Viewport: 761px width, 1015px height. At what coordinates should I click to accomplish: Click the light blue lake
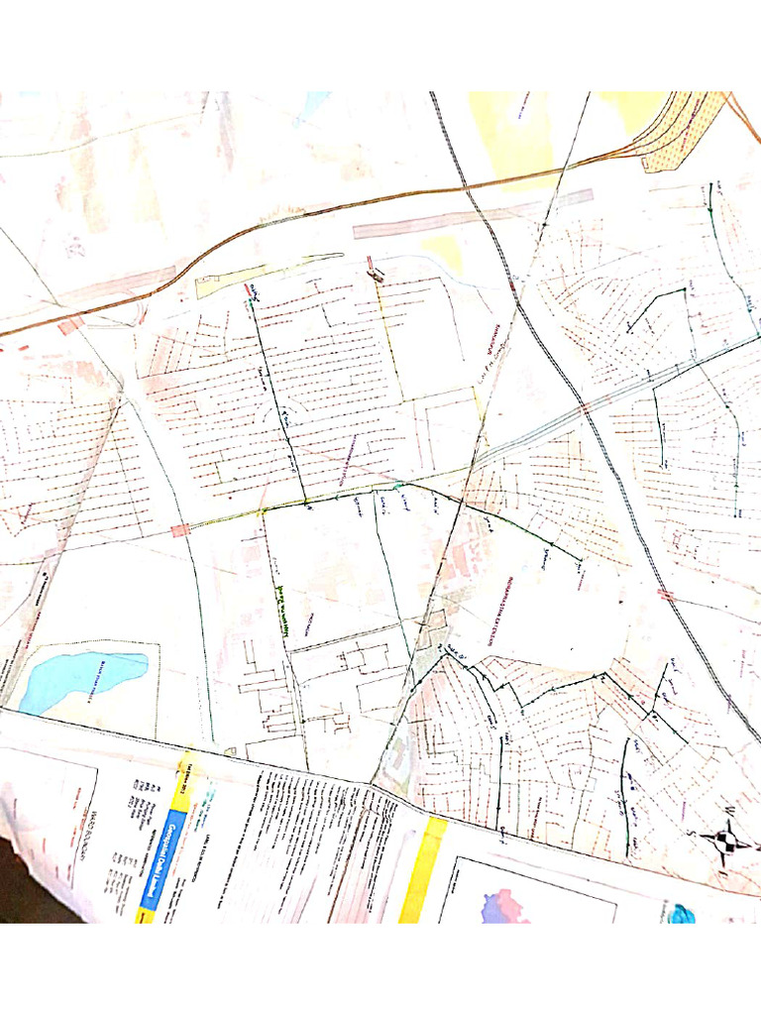point(79,678)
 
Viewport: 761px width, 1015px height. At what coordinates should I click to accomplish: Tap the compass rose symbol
point(732,839)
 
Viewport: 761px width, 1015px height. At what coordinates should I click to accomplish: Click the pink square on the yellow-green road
point(179,530)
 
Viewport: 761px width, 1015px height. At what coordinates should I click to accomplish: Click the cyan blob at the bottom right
point(682,914)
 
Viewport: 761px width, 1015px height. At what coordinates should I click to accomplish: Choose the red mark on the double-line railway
point(666,596)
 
